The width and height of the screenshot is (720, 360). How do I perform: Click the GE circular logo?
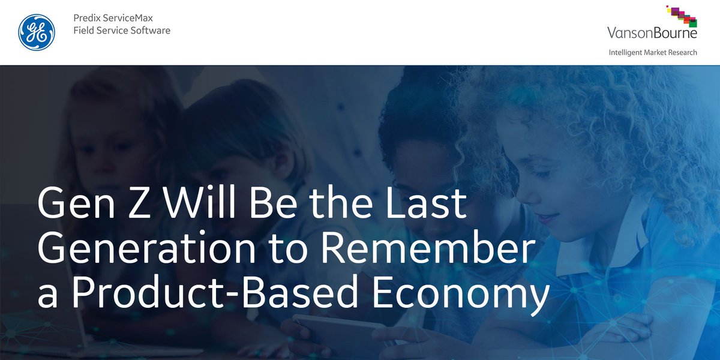pos(37,32)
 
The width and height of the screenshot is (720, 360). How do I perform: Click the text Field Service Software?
pos(122,30)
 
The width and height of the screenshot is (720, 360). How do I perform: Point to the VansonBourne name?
pos(652,33)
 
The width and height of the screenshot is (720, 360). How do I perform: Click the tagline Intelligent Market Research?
pos(653,52)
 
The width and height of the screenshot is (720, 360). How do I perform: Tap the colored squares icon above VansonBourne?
pos(682,15)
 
